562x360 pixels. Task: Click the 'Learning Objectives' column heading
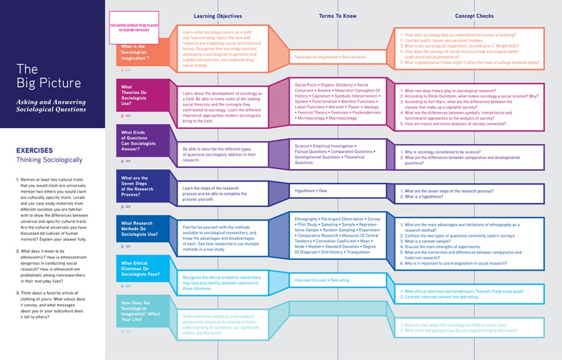coord(218,16)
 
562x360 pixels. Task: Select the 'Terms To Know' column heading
coord(338,16)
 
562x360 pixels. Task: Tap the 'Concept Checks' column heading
coord(474,16)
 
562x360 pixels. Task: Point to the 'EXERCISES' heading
coord(35,150)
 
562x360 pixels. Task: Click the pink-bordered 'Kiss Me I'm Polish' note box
coord(134,28)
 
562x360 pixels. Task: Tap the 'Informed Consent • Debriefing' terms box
coord(322,280)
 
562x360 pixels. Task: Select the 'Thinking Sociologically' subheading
coord(49,160)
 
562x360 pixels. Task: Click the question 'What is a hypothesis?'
coord(432,197)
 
